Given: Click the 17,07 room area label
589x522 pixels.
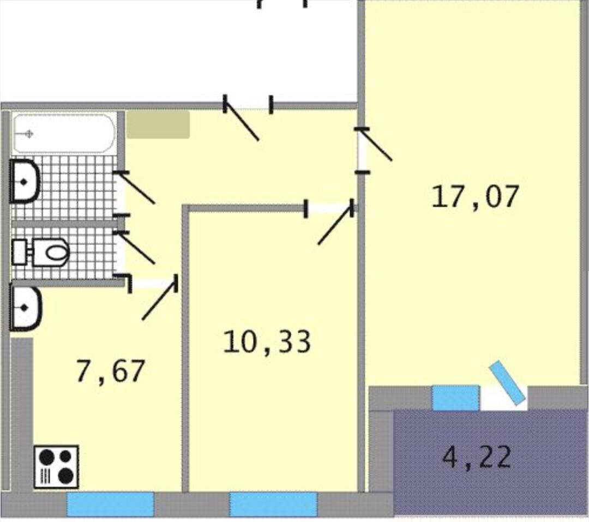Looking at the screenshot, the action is pyautogui.click(x=475, y=196).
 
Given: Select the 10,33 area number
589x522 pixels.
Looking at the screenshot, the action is pyautogui.click(x=267, y=342).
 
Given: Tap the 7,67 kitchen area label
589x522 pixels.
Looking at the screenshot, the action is pyautogui.click(x=110, y=371).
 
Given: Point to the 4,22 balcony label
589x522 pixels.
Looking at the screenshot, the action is pyautogui.click(x=477, y=457).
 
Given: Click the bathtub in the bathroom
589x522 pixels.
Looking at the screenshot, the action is pyautogui.click(x=64, y=134).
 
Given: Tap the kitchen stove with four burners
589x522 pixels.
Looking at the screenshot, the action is pyautogui.click(x=56, y=467).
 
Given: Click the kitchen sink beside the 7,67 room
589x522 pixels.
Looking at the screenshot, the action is pyautogui.click(x=25, y=309).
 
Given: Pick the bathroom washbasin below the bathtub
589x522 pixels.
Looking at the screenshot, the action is pyautogui.click(x=25, y=182).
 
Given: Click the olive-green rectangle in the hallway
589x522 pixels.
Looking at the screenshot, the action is pyautogui.click(x=158, y=124).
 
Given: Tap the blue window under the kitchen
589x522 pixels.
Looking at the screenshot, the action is pyautogui.click(x=110, y=504).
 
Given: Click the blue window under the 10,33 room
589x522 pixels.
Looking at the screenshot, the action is pyautogui.click(x=273, y=504).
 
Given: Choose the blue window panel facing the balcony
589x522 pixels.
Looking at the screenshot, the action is pyautogui.click(x=455, y=398).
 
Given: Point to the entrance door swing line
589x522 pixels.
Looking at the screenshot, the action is pyautogui.click(x=242, y=122).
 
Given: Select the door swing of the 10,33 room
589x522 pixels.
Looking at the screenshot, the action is pyautogui.click(x=335, y=225).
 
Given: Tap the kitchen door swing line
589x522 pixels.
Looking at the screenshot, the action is pyautogui.click(x=159, y=301).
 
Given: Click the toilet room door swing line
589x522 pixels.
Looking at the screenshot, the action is pyautogui.click(x=137, y=248).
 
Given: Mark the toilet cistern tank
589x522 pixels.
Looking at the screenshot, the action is pyautogui.click(x=20, y=252).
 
